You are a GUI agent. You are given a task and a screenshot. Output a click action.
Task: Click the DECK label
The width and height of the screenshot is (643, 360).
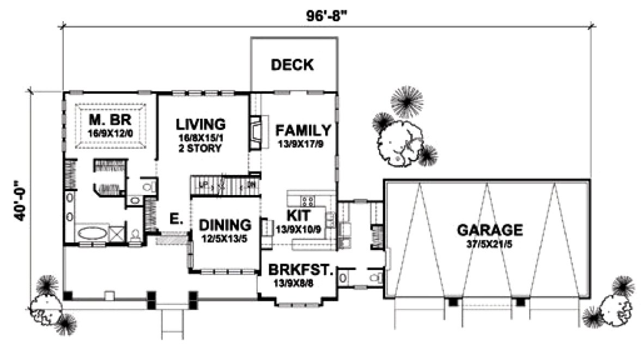click(292, 65)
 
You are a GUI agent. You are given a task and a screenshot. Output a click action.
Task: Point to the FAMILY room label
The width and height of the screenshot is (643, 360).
click(302, 130)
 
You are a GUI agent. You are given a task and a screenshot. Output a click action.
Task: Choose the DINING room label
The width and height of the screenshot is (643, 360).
click(225, 224)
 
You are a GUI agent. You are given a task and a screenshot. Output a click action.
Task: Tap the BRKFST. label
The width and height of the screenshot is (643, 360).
click(300, 270)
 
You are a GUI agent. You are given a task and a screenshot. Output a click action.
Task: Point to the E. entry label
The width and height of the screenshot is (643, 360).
click(175, 220)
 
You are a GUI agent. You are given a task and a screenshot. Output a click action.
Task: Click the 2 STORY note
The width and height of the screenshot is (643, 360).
click(202, 148)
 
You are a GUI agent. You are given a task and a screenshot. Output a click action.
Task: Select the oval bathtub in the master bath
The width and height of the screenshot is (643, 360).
click(92, 235)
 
